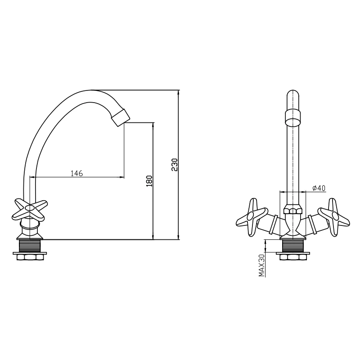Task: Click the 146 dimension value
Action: click(76, 173)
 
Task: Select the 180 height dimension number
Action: click(149, 181)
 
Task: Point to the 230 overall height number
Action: click(175, 165)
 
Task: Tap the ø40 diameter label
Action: click(319, 188)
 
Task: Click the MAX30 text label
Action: click(262, 265)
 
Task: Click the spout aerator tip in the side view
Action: click(120, 117)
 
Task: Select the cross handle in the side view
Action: click(29, 209)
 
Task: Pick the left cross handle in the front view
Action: click(252, 217)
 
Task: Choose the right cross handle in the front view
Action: click(334, 217)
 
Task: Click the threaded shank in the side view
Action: click(30, 246)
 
